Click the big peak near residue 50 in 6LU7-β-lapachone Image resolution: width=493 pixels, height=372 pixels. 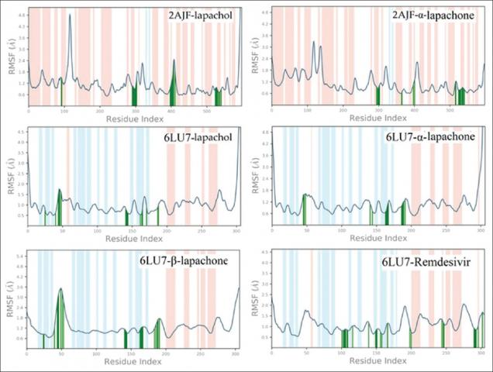61,289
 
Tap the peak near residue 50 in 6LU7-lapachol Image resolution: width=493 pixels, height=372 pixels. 60,190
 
